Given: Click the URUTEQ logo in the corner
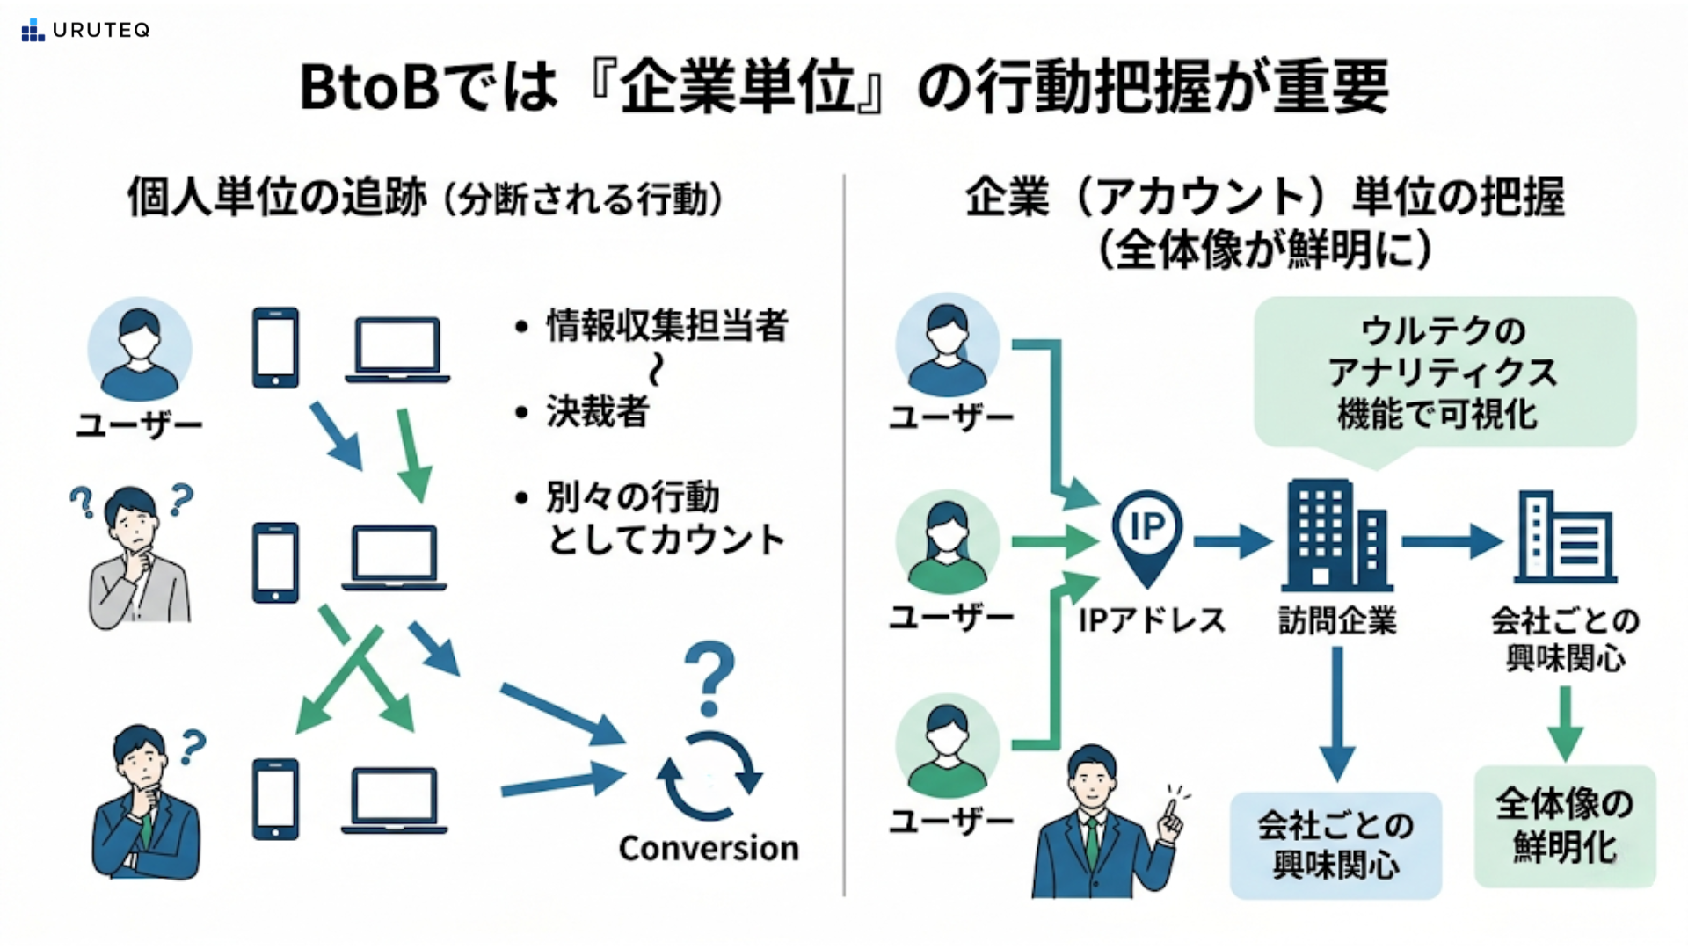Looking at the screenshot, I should click(85, 30).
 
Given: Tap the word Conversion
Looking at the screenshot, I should click(709, 848).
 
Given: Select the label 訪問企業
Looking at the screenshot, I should click(1337, 621).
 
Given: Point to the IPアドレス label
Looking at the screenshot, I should click(1152, 621).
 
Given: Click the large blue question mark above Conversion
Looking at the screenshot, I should click(709, 677).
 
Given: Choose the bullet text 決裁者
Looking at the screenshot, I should click(598, 411).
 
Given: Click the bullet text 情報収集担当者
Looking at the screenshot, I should click(667, 326).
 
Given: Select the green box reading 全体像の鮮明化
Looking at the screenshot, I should click(1565, 826).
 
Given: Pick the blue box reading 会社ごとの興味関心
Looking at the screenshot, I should click(1335, 845).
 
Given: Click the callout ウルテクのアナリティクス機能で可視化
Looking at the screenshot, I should click(1444, 373).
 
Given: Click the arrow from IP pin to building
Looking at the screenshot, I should click(1233, 541).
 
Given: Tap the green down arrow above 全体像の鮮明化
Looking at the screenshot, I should click(1565, 723).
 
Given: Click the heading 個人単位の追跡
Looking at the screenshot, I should click(277, 197).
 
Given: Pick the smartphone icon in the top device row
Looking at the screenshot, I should click(276, 348).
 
